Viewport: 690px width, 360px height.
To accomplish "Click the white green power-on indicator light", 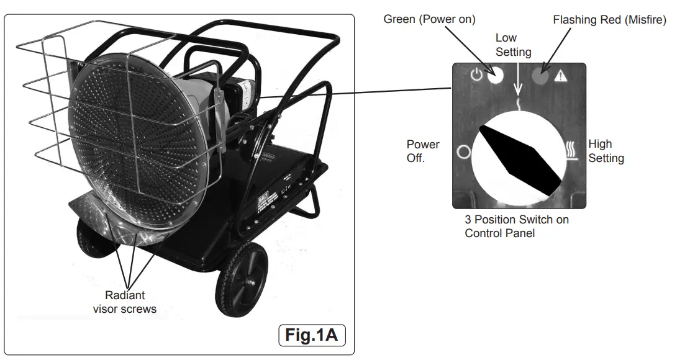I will [x=496, y=75].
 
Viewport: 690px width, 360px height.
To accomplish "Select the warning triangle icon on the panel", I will [x=561, y=76].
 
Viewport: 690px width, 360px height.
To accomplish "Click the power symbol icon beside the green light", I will [x=476, y=75].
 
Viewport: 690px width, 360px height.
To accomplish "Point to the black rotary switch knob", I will [x=519, y=156].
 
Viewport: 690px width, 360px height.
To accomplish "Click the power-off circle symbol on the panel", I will [x=463, y=151].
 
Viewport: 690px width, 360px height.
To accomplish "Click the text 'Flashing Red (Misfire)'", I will [x=609, y=20].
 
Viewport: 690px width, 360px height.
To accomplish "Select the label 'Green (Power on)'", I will [x=429, y=19].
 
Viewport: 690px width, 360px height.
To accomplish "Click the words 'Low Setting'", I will [x=513, y=45].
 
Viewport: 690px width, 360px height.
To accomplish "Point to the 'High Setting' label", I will [x=606, y=151].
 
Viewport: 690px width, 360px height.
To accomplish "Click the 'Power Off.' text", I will [x=423, y=151].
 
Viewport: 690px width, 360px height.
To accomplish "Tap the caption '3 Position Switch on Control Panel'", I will [x=516, y=227].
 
